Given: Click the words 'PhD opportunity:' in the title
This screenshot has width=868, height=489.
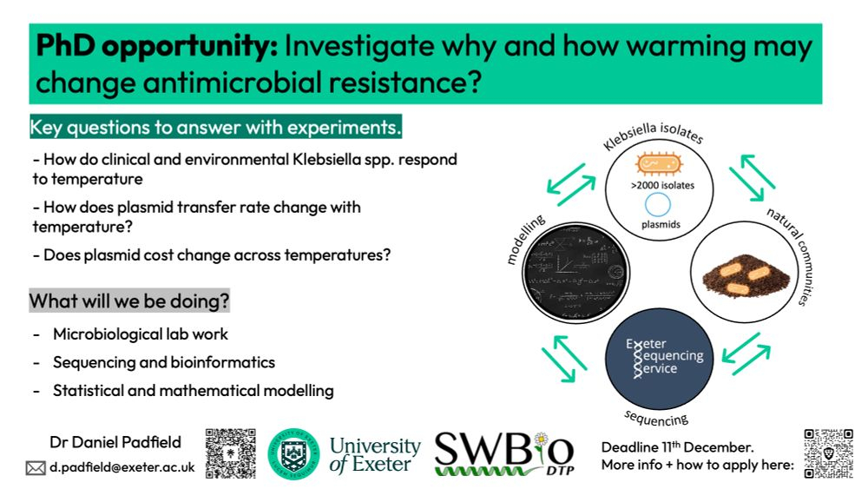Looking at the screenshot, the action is (x=156, y=46).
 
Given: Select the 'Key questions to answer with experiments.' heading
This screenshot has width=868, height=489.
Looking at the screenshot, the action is (x=215, y=128).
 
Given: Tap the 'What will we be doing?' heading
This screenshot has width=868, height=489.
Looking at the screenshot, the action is (x=129, y=301).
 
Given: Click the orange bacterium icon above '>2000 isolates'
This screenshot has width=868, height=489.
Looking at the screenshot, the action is (x=659, y=163).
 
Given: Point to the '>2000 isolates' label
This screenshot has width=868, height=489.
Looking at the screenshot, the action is (x=662, y=186).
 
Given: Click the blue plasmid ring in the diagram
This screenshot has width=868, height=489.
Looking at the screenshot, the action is (x=658, y=204).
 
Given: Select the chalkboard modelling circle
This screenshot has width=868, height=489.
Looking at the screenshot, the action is (x=575, y=272).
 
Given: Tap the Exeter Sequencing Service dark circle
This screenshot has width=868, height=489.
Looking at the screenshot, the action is (x=659, y=359).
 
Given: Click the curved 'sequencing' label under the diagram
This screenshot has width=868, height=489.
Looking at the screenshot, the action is (x=656, y=418).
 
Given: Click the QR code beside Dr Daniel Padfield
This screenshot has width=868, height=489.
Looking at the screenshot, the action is (x=230, y=453).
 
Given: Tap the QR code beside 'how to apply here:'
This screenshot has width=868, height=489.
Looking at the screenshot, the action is (x=829, y=453).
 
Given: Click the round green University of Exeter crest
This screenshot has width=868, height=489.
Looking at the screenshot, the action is (x=293, y=453).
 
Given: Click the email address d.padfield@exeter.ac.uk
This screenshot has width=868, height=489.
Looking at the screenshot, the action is (x=122, y=466).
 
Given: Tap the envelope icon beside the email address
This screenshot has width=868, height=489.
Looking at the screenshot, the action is (x=36, y=468).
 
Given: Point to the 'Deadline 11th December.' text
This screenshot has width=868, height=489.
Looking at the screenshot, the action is (x=678, y=446).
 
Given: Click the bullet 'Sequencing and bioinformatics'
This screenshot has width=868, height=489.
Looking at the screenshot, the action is (x=164, y=362).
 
